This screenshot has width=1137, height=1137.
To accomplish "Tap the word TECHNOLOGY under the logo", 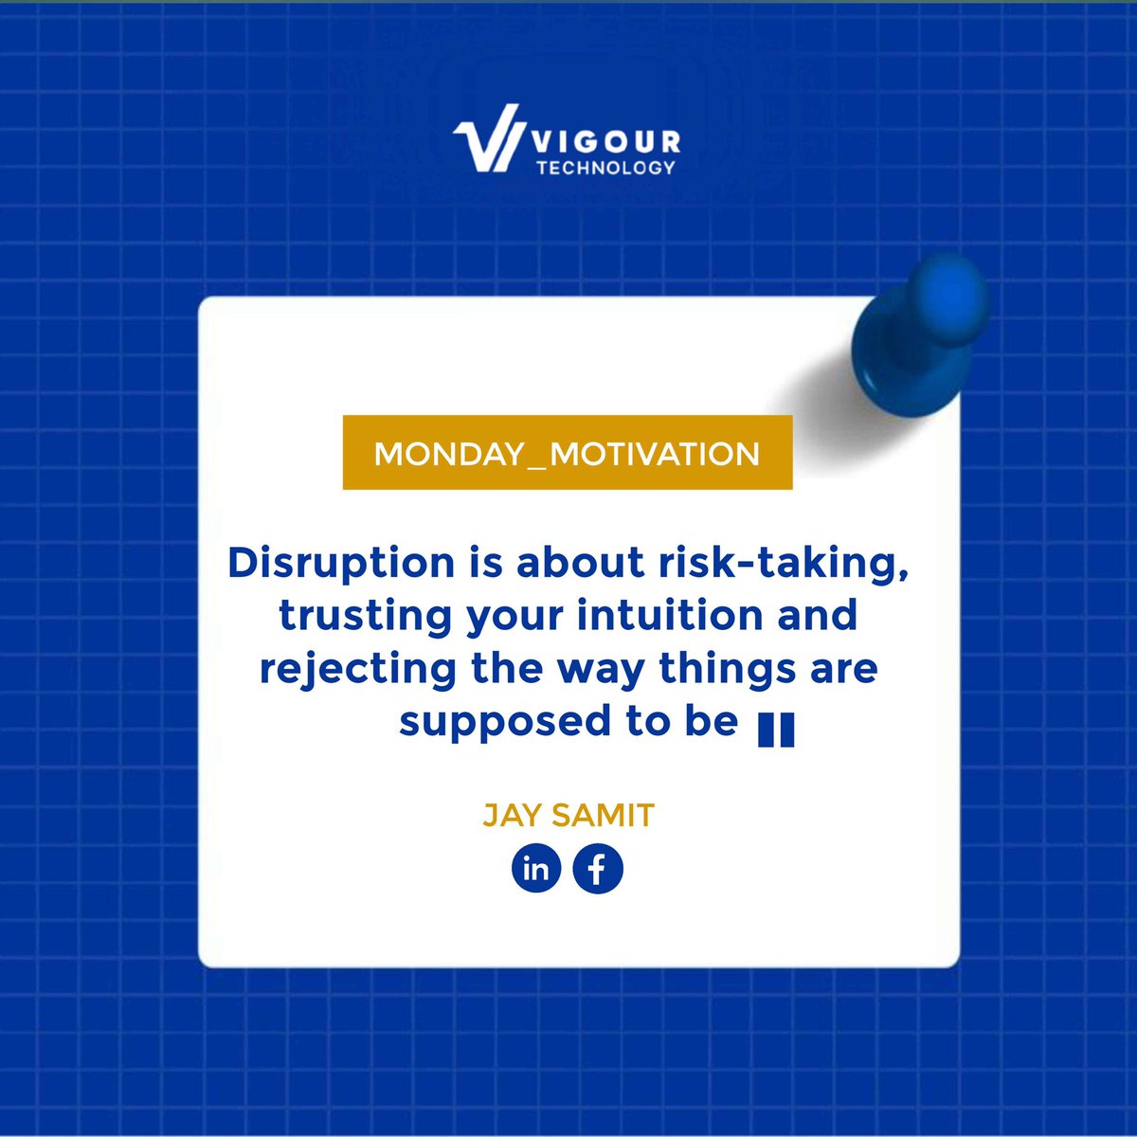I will [x=605, y=168].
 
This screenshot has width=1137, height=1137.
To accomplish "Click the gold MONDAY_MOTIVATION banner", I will [x=567, y=453].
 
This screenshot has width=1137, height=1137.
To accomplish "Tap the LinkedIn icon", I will [x=536, y=869].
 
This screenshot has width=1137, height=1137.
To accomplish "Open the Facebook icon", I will [x=598, y=869].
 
